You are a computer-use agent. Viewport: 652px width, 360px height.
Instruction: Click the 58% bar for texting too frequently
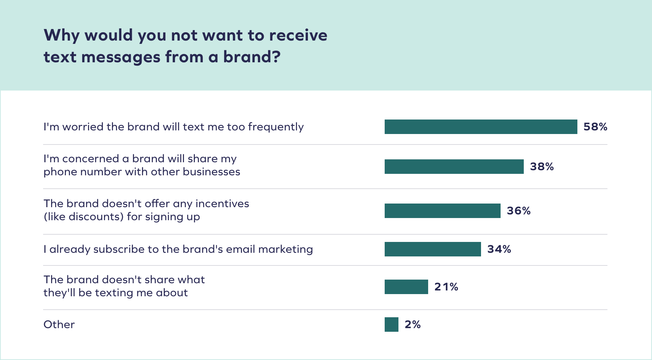pyautogui.click(x=481, y=127)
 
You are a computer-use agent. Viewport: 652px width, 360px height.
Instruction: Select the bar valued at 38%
pyautogui.click(x=454, y=167)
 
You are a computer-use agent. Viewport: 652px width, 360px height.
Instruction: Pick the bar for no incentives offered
pyautogui.click(x=442, y=211)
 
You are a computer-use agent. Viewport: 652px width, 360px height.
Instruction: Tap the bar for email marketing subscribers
pyautogui.click(x=432, y=249)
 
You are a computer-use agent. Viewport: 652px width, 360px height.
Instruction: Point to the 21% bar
pyautogui.click(x=406, y=287)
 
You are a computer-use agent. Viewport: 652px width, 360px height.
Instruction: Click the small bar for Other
pyautogui.click(x=391, y=325)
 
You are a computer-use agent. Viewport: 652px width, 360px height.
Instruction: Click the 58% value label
pyautogui.click(x=595, y=127)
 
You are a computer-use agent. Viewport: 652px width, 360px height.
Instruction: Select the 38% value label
pyautogui.click(x=542, y=167)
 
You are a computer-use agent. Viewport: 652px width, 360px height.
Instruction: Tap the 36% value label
pyautogui.click(x=519, y=211)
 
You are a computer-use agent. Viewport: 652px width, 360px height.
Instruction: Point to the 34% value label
pyautogui.click(x=499, y=249)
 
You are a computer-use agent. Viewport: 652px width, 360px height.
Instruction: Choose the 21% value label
pyautogui.click(x=446, y=287)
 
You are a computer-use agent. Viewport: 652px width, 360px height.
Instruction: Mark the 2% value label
pyautogui.click(x=413, y=325)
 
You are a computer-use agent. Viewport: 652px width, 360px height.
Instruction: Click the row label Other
pyautogui.click(x=59, y=325)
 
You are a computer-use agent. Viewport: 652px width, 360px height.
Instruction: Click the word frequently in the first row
pyautogui.click(x=276, y=127)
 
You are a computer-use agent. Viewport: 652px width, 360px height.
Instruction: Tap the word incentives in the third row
pyautogui.click(x=222, y=204)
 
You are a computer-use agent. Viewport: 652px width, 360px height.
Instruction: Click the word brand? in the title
pyautogui.click(x=251, y=57)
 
